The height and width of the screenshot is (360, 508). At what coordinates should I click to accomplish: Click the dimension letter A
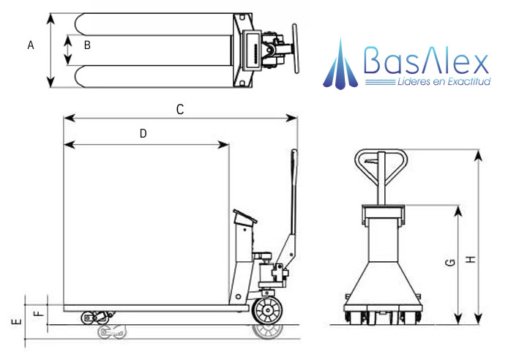click(x=31, y=46)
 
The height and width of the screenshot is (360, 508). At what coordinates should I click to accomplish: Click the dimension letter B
click(x=86, y=46)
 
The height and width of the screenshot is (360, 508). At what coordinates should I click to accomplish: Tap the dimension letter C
click(x=179, y=109)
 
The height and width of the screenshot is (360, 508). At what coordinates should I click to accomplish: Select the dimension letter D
click(x=143, y=133)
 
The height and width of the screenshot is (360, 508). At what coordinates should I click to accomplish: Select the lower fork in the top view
click(x=154, y=76)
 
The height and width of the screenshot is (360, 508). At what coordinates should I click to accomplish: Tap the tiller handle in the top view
click(x=296, y=49)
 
